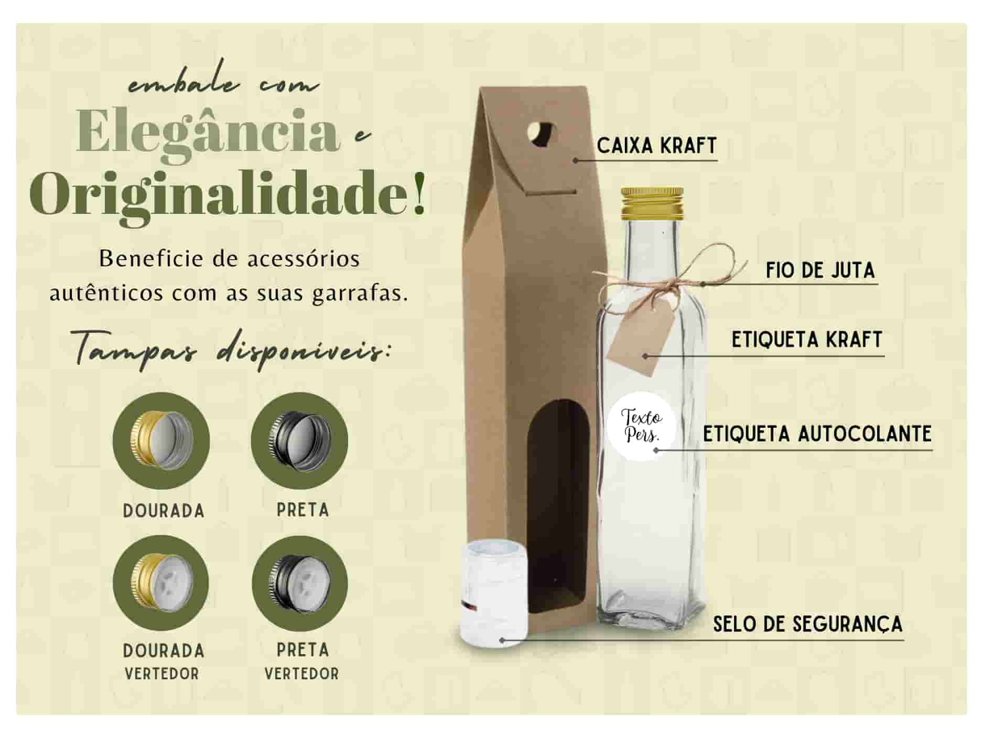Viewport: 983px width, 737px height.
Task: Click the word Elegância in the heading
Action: click(x=209, y=132)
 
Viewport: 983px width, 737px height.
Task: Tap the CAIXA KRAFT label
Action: click(x=656, y=146)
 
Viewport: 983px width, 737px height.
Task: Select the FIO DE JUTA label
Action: click(x=820, y=270)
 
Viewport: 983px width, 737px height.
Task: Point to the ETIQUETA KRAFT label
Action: click(x=807, y=340)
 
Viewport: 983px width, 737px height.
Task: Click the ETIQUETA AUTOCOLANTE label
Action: click(x=817, y=434)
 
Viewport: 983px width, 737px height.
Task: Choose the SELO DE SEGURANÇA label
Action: click(x=807, y=624)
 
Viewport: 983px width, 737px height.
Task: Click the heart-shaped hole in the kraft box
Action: click(x=542, y=133)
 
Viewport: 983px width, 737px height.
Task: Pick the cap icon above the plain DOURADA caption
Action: click(x=161, y=440)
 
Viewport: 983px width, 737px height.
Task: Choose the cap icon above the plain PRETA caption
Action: click(x=299, y=440)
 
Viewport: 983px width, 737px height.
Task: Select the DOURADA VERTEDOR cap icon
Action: click(x=161, y=582)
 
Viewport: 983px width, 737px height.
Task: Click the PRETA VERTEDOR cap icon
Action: click(x=299, y=582)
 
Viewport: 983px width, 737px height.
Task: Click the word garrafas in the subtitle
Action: click(x=360, y=294)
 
